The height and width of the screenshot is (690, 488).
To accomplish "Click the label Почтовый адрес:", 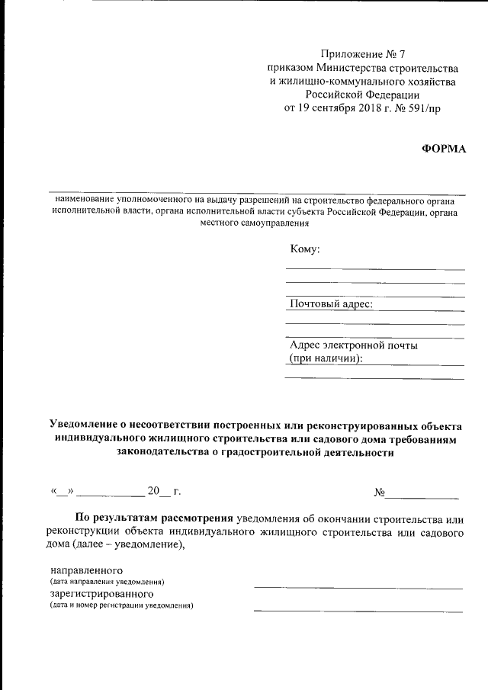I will [331, 303].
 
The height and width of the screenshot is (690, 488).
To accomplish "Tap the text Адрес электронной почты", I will [353, 345].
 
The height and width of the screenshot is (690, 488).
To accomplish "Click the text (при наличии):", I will [325, 358].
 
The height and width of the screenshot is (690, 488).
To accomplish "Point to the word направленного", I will [86, 570].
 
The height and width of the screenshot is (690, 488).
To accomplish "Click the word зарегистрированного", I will [102, 593].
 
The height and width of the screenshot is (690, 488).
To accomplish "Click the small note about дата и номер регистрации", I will [122, 605].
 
